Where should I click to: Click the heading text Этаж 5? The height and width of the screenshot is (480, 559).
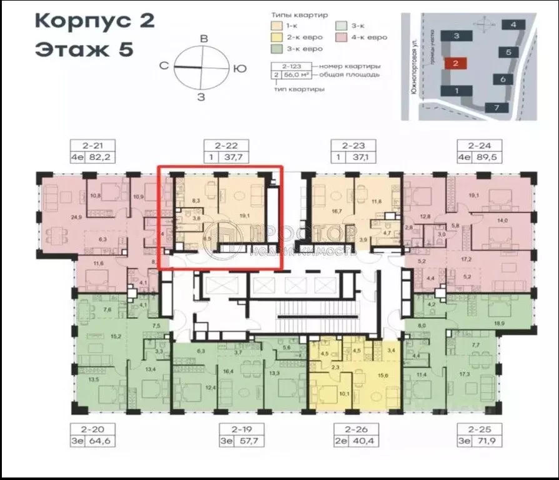[84, 49]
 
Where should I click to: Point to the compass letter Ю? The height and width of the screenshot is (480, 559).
[238, 68]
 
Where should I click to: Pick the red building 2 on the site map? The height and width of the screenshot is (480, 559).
[456, 63]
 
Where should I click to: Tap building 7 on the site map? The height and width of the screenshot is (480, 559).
[497, 107]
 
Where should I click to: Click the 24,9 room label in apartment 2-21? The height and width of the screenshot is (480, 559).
[59, 217]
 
